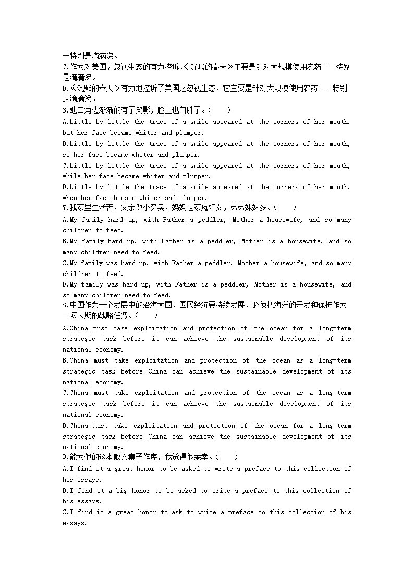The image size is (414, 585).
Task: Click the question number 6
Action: [x=64, y=110]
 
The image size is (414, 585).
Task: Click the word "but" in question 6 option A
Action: [x=68, y=133]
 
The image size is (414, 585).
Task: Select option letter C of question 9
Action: [x=65, y=512]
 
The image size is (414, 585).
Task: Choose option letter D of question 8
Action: [x=65, y=426]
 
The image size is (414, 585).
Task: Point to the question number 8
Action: [x=64, y=305]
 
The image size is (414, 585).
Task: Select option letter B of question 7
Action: [x=65, y=241]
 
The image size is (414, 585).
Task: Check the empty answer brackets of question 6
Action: [x=219, y=110]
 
